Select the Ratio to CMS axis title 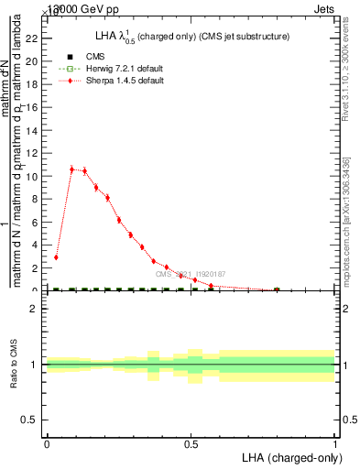click(15, 365)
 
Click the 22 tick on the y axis click(35, 38)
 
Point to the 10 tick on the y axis click(35, 176)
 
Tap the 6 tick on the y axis click(37, 222)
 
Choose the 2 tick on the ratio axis click(37, 309)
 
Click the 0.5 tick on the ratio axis click(33, 420)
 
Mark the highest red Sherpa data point click(72, 169)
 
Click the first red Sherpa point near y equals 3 click(56, 257)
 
